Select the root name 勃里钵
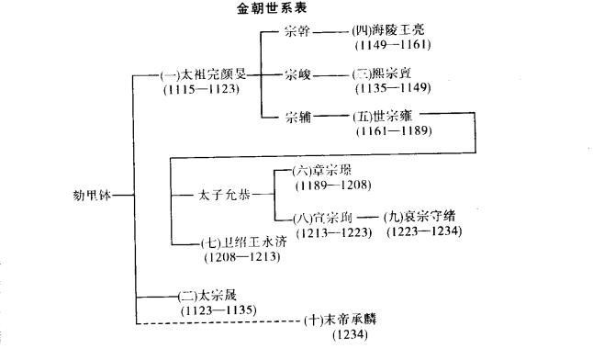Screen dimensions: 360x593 tap(96, 194)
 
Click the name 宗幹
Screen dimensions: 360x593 tap(298, 31)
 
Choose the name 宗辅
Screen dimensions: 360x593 tap(298, 117)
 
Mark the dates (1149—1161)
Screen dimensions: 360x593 tap(393, 44)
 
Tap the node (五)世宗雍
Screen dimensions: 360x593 tap(386, 117)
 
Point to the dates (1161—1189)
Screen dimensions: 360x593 tap(389, 130)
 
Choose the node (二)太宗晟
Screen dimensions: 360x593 tap(209, 296)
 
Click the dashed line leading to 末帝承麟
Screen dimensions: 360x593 tap(220, 322)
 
